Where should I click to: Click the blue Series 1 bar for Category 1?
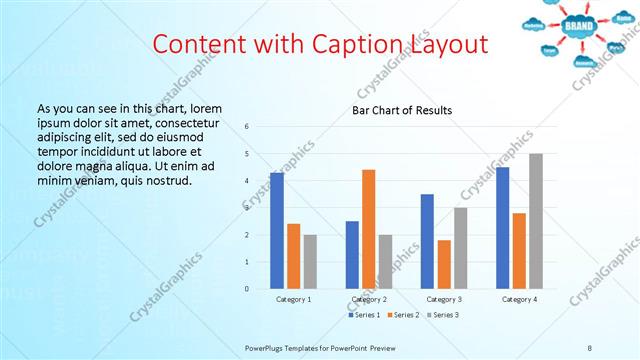click(277, 231)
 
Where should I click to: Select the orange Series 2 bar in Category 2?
click(369, 229)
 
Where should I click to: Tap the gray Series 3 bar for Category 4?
click(536, 221)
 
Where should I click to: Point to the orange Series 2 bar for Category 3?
click(444, 264)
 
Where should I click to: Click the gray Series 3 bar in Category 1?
click(310, 262)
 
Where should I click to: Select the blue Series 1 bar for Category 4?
click(502, 228)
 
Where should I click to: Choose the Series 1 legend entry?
click(364, 315)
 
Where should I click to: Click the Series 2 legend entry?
click(404, 315)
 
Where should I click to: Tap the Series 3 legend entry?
click(444, 315)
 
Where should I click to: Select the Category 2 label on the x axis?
click(369, 299)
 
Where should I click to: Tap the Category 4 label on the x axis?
click(519, 299)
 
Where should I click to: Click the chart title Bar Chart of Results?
click(402, 110)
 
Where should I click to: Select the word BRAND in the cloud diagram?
click(578, 25)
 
